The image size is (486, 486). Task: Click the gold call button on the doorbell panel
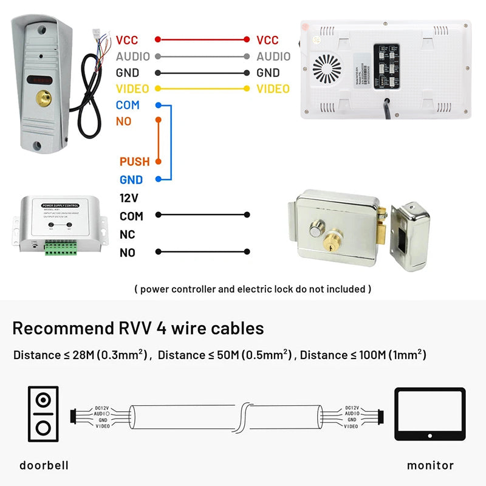(42, 97)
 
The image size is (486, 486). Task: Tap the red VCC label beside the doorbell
(127, 40)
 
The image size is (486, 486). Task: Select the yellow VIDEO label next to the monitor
(273, 89)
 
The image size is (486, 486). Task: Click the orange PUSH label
(134, 162)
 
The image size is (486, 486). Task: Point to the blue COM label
(128, 105)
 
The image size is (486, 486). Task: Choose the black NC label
(128, 234)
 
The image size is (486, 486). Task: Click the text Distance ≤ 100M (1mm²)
(363, 355)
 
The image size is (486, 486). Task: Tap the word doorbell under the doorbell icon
(44, 465)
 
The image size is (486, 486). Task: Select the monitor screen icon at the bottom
(430, 413)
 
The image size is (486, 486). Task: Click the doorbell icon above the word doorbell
(43, 413)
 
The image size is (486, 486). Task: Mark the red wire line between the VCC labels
(202, 39)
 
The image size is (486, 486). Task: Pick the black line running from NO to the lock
(202, 252)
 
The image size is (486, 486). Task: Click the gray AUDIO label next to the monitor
(273, 56)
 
